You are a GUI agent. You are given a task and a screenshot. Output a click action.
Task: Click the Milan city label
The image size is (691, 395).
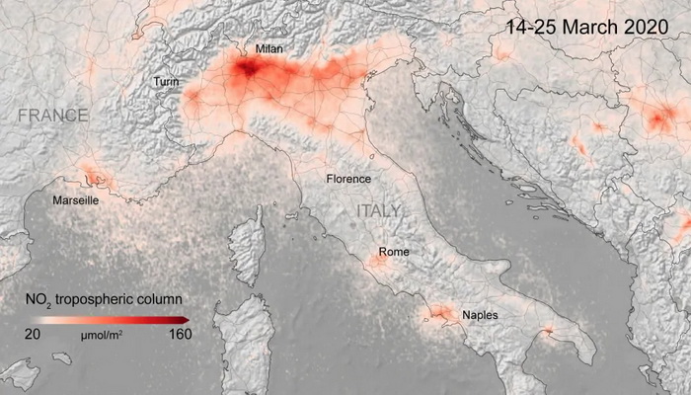(x=269, y=47)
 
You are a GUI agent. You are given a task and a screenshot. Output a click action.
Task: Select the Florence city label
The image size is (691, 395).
(x=348, y=179)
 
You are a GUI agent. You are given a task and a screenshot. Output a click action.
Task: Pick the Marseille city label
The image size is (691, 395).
(x=75, y=200)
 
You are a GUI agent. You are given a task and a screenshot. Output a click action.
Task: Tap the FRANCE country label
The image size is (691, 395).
(x=52, y=116)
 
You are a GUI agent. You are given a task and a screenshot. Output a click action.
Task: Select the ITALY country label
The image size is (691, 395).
(x=379, y=211)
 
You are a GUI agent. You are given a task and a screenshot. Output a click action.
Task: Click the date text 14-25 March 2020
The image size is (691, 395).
(x=588, y=28)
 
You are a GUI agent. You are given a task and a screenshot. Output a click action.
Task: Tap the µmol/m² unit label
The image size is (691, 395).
(x=101, y=336)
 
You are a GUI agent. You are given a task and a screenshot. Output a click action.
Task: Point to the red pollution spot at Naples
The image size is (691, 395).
(x=440, y=315)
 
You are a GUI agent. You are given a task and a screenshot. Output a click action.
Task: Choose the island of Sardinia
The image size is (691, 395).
(x=242, y=341)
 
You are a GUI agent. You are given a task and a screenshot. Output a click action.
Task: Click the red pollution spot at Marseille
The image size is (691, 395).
(x=95, y=178)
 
